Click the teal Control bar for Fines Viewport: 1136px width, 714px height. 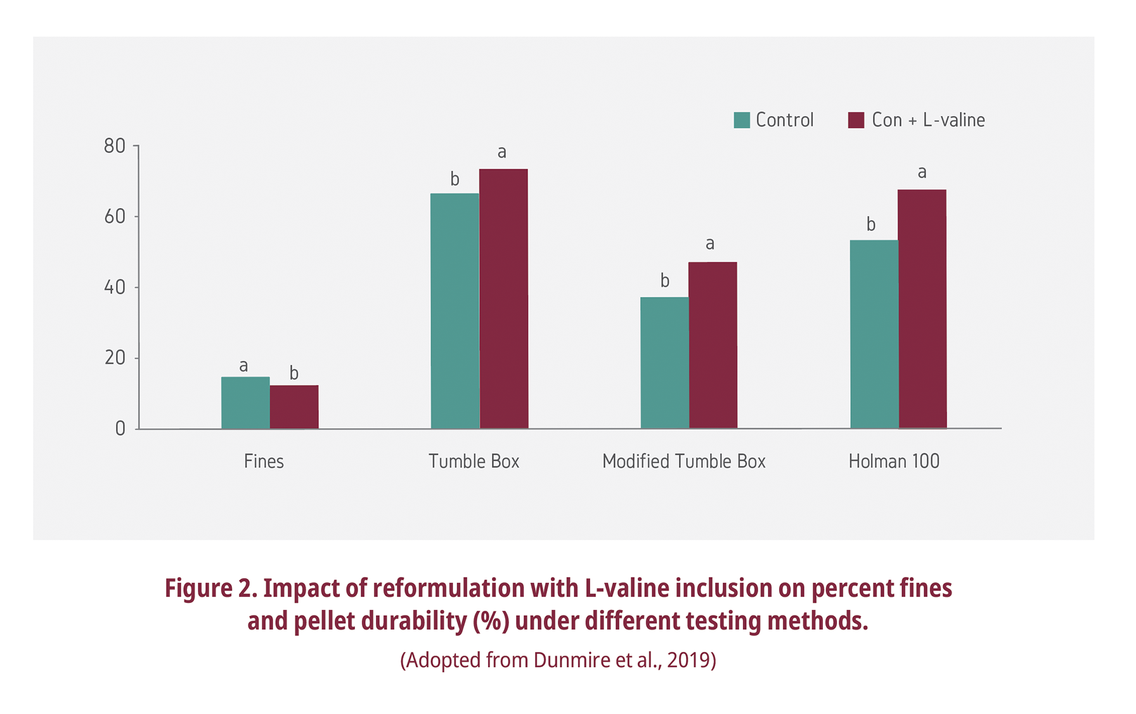point(245,403)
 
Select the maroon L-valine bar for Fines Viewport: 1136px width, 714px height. point(294,406)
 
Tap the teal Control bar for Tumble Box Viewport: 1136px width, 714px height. point(455,311)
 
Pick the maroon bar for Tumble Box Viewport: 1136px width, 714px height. point(503,299)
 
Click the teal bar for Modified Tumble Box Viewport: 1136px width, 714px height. point(664,363)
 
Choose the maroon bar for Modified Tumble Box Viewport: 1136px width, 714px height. point(713,345)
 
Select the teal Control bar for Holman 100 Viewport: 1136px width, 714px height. point(874,334)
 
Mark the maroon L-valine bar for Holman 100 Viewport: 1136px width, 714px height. point(922,309)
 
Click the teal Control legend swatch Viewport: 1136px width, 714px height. point(742,120)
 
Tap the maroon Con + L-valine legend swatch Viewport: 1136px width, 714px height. point(856,120)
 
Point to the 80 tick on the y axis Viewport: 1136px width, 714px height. point(115,146)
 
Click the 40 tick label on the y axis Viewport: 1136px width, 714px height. point(115,287)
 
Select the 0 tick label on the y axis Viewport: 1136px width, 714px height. point(120,429)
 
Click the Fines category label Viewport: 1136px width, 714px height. point(264,461)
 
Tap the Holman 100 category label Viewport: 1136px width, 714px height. point(894,461)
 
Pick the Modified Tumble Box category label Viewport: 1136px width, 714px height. point(683,461)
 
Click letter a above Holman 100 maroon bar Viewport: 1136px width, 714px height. point(922,172)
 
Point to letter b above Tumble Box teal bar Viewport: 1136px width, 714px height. point(455,179)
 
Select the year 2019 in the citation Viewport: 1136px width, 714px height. point(688,660)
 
